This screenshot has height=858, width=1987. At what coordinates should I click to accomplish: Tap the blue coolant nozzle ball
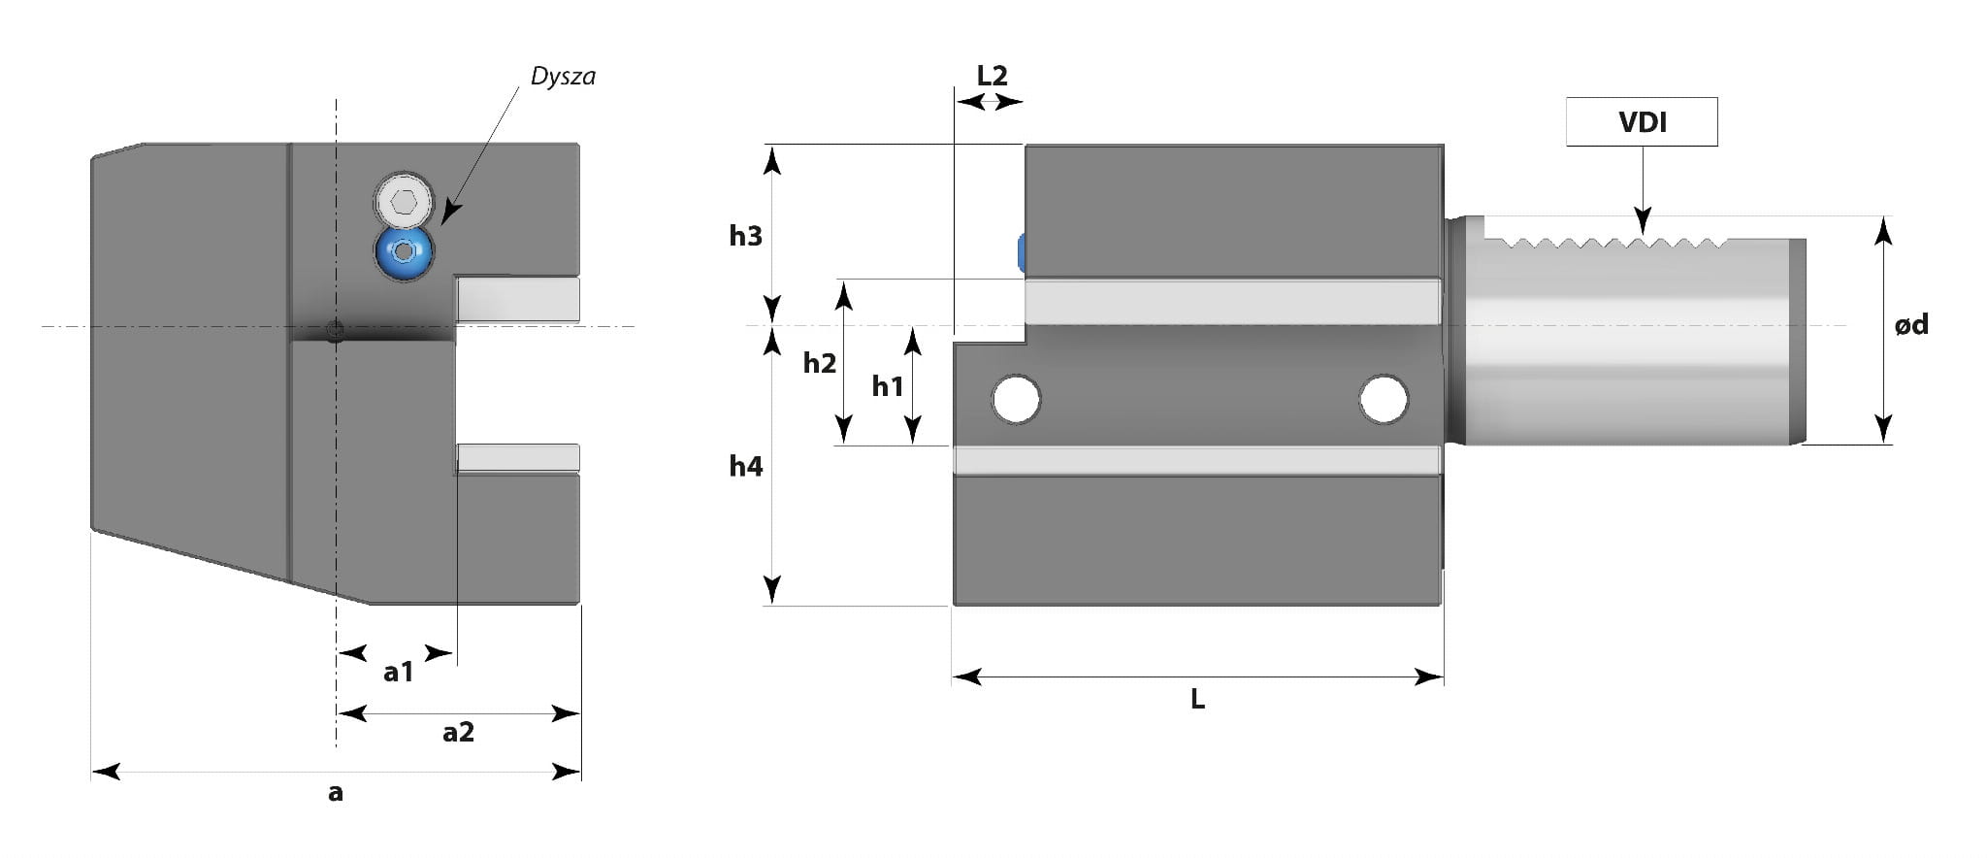point(404,252)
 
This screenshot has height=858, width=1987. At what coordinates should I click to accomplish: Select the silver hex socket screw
point(404,202)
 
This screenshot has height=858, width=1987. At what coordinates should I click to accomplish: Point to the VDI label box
point(1642,121)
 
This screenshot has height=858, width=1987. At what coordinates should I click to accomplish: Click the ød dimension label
point(1911,324)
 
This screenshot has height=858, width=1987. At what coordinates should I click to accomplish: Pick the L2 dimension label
point(992,75)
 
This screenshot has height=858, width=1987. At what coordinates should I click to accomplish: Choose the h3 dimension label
point(746,235)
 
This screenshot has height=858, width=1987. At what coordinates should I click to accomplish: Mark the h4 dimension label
point(746,466)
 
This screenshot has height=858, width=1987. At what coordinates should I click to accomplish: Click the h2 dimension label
point(819,363)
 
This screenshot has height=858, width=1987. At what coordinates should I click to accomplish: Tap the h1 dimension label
point(887,386)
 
